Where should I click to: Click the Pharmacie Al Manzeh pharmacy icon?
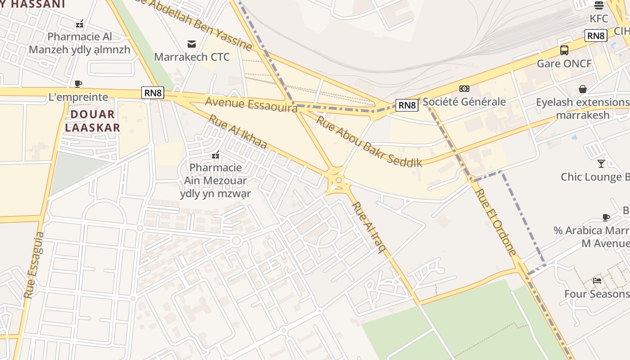(80, 24)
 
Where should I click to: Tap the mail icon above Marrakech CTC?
(192, 44)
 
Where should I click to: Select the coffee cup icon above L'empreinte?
(78, 84)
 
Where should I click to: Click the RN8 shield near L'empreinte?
(153, 93)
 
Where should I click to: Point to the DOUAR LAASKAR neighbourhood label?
(93, 121)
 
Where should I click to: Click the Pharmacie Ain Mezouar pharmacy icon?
(216, 155)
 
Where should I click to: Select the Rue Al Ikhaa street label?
(238, 131)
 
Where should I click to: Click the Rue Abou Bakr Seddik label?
(369, 141)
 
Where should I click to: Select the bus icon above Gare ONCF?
(564, 50)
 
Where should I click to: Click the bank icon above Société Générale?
(464, 89)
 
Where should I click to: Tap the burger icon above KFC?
(598, 5)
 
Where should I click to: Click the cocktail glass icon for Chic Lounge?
(601, 163)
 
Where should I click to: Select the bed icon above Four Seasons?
(597, 280)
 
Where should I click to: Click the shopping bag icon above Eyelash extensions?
(583, 89)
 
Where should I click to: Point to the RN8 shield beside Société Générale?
(407, 105)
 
